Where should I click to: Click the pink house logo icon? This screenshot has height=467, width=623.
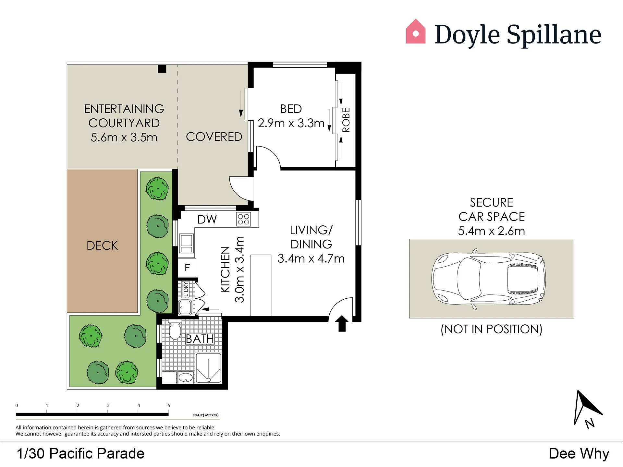pos(416,31)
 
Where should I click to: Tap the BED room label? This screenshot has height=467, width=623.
pos(291,109)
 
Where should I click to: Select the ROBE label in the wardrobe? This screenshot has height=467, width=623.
pos(346,120)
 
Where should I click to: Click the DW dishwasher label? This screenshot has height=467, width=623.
pos(207,220)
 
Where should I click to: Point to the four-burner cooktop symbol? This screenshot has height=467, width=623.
pos(244,219)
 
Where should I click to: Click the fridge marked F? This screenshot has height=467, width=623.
pos(187,268)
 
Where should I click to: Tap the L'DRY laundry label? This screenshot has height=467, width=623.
pos(186,289)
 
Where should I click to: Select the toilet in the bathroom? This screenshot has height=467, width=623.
pos(175,329)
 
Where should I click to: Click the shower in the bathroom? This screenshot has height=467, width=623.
pos(209,368)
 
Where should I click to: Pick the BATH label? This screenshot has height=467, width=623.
pos(200,339)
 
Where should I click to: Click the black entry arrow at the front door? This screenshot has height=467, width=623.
pos(342,323)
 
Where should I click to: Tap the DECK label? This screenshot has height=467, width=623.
pos(102,245)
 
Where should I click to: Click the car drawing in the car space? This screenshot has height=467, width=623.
pos(489,279)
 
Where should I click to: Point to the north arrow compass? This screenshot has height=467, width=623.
pos(586,409)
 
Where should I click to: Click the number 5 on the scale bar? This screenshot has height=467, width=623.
pos(169,405)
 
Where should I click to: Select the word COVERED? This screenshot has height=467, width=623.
pos(214,137)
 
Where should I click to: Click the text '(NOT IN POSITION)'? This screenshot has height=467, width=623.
pos(491,329)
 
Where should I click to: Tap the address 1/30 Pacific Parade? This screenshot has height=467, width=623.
pos(80,453)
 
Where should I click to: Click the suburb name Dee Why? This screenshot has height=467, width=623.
pos(579,454)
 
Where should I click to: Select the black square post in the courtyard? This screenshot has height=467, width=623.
pos(162,69)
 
